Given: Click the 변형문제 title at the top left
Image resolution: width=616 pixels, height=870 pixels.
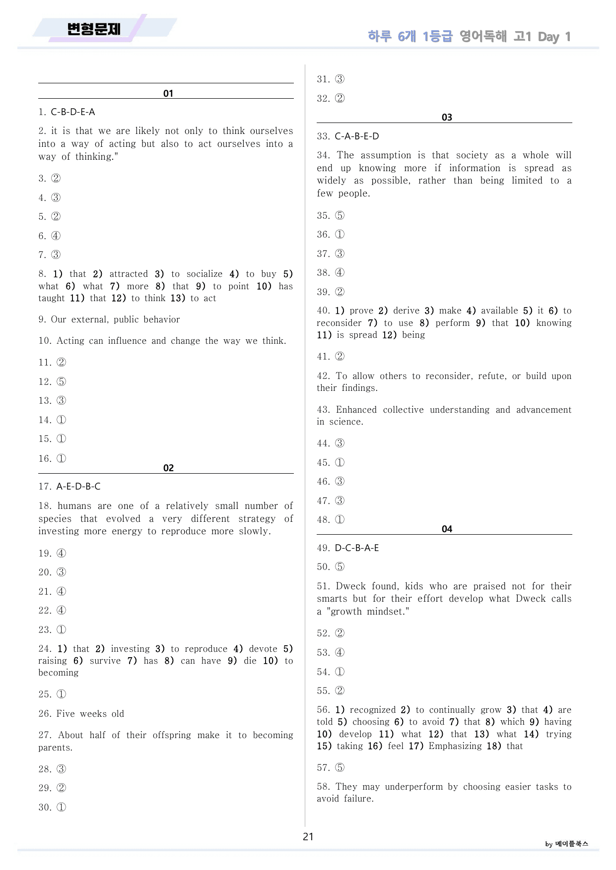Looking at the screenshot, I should tap(94, 29).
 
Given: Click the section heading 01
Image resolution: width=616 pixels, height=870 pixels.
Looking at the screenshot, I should tap(168, 93).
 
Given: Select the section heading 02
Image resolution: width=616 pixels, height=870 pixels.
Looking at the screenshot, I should tap(168, 468).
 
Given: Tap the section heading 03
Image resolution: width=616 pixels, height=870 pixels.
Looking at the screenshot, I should tap(447, 117).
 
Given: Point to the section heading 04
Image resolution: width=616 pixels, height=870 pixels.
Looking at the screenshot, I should tap(447, 529).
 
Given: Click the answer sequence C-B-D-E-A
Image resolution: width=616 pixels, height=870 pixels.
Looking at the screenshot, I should tap(73, 112).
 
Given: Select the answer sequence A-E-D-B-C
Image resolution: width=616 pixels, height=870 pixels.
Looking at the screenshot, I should tap(78, 487).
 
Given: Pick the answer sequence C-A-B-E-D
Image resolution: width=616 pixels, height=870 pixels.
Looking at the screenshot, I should tap(357, 136).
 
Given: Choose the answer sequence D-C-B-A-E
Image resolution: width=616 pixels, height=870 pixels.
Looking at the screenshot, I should tap(357, 548).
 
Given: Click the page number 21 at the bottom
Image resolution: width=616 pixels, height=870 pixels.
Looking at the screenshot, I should tap(308, 837).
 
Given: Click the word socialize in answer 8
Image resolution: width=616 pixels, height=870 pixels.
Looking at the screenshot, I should tap(205, 274).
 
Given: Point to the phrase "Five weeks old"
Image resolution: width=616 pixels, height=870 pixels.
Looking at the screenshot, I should tap(90, 714).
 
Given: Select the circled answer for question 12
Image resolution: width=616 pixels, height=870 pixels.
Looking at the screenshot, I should tap(61, 382).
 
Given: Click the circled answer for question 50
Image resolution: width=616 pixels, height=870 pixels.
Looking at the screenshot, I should tap(340, 567).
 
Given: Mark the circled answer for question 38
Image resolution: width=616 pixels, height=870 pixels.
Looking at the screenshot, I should tap(340, 273).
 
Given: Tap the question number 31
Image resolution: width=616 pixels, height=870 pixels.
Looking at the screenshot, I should tap(324, 79).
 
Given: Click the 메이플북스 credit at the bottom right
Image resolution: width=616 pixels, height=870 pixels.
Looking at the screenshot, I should tap(571, 844).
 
